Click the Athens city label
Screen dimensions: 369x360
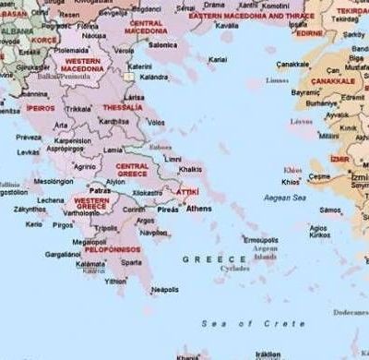pos(198,209)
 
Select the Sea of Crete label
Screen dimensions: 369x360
pos(253,323)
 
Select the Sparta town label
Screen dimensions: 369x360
pos(132,262)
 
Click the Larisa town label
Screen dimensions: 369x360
pos(135,96)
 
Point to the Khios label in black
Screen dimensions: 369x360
pos(292,182)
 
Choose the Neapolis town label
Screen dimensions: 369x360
pos(164,289)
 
